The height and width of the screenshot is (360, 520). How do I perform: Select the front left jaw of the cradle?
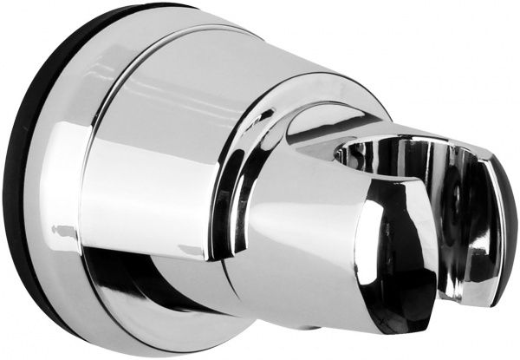(399, 252)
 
